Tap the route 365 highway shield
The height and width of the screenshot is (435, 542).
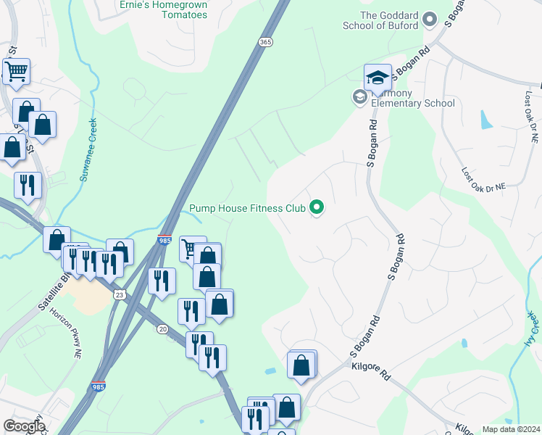tap(264, 43)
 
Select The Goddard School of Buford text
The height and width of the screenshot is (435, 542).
tap(389, 20)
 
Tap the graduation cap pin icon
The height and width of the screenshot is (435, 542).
tap(378, 78)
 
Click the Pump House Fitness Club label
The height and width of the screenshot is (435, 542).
tap(247, 208)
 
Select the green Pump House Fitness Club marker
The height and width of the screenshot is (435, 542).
tap(317, 208)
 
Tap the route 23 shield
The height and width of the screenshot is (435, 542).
tap(118, 294)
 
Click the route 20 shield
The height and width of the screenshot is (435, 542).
tap(161, 329)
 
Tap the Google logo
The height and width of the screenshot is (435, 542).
tap(24, 426)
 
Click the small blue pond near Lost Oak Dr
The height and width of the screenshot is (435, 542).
tap(486, 120)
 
